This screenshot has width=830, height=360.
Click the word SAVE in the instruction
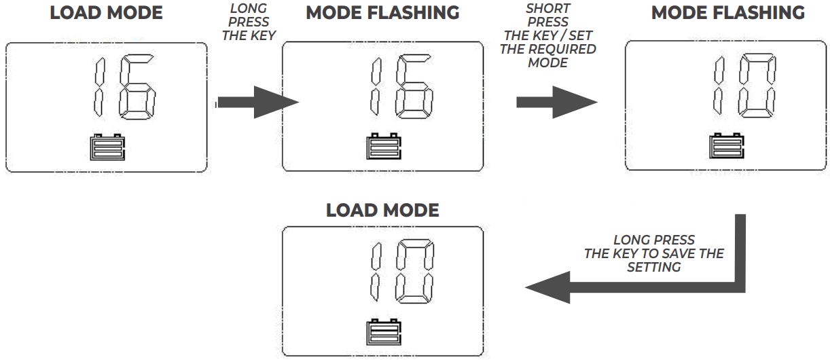click(x=669, y=254)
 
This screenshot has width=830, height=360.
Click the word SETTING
click(x=653, y=268)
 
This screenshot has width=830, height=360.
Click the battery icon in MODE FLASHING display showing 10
click(x=727, y=146)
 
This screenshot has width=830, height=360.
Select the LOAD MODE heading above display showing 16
click(x=106, y=13)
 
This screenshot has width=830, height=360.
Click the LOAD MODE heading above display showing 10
click(x=382, y=211)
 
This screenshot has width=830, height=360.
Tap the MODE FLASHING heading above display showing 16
click(x=382, y=13)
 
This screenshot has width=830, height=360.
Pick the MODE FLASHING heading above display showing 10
click(x=727, y=13)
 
